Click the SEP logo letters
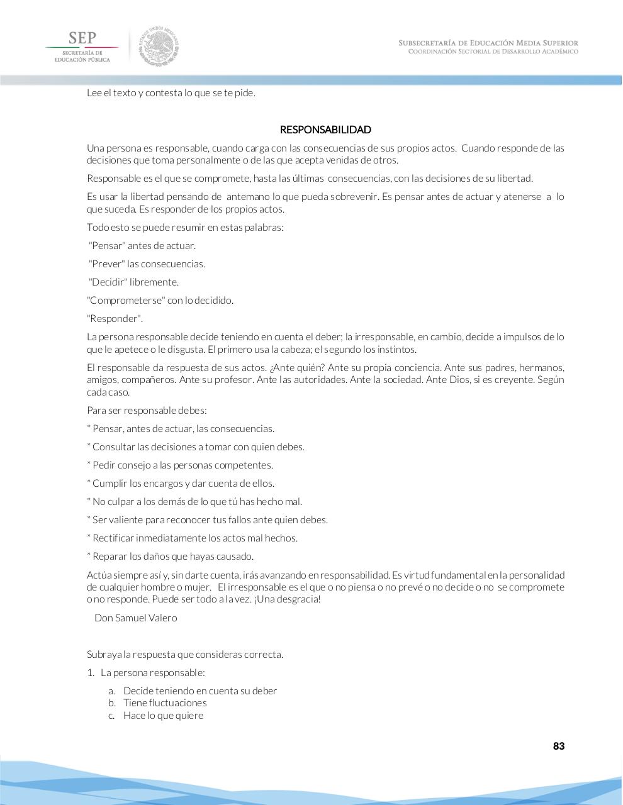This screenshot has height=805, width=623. click(82, 38)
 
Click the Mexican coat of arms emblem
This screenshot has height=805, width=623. click(159, 46)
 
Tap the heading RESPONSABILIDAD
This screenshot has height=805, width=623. click(325, 130)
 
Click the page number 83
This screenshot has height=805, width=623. click(558, 746)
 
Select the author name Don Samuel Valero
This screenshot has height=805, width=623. click(135, 618)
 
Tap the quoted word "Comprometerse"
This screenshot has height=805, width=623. click(126, 301)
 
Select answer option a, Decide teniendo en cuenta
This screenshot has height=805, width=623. click(199, 691)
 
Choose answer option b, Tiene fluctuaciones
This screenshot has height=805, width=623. click(165, 703)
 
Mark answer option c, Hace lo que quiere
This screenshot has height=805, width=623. click(163, 715)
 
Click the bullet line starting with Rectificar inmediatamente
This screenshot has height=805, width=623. click(194, 538)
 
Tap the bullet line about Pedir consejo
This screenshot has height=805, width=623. click(182, 465)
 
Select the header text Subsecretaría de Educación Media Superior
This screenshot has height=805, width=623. click(488, 43)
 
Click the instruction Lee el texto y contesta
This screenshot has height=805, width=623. click(171, 93)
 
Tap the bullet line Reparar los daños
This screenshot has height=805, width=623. click(173, 557)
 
